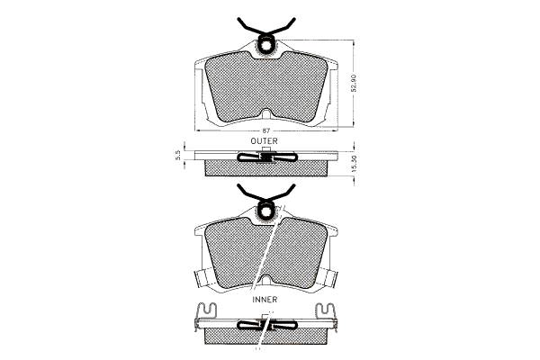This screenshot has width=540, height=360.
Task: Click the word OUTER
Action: [x=264, y=141]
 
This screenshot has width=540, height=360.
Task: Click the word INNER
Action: [x=265, y=300]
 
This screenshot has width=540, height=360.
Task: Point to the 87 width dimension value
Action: [x=265, y=130]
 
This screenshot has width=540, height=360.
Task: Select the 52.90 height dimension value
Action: [x=353, y=83]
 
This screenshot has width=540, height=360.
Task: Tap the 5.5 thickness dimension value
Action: [x=178, y=156]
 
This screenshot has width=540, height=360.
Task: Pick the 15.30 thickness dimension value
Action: [x=355, y=164]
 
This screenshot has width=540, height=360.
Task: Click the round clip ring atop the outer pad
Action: [x=265, y=44]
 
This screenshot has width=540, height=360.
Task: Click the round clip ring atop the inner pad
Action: [x=265, y=211]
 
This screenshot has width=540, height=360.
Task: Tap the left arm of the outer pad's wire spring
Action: [x=248, y=28]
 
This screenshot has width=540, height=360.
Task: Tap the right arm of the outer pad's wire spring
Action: [x=283, y=28]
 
